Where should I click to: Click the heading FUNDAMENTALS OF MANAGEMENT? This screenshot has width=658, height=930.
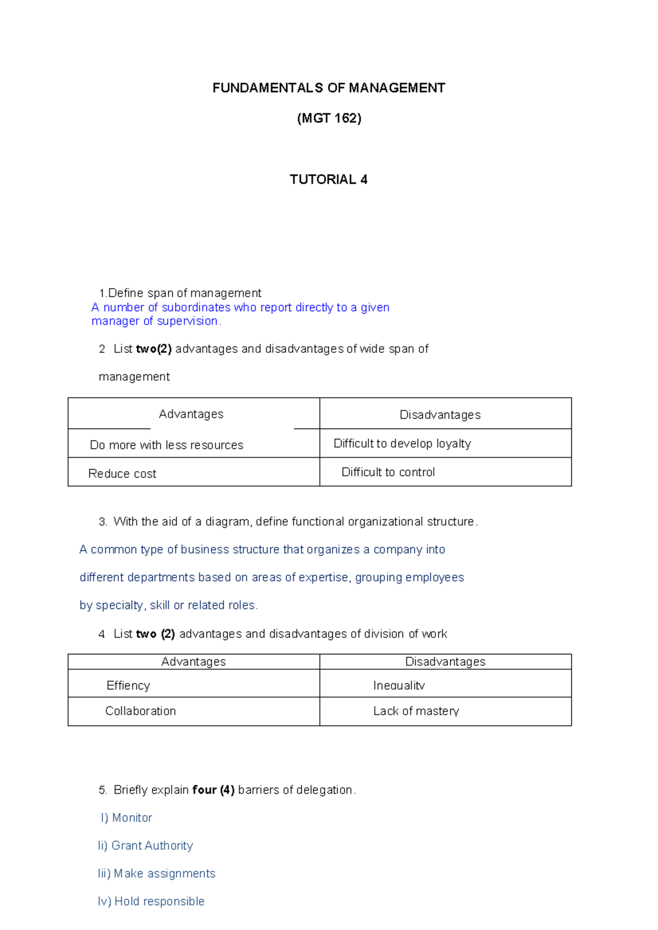[328, 88]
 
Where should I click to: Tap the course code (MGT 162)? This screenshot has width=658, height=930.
[329, 118]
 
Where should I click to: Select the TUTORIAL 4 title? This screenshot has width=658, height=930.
[328, 180]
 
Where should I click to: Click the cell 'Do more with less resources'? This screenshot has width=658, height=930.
[166, 445]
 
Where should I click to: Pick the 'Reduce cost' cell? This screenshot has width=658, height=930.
[122, 473]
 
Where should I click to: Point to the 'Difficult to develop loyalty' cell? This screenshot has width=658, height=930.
[402, 443]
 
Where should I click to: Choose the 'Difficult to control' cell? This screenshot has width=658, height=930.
[388, 472]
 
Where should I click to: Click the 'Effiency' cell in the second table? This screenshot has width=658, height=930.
[128, 686]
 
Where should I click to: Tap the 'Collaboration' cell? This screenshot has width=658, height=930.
[140, 711]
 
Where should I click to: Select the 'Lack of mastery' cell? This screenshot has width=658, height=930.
[416, 711]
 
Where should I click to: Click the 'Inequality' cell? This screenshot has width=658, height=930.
[399, 686]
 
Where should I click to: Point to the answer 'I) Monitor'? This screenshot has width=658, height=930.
[127, 818]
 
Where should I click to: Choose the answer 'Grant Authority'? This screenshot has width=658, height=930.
[152, 846]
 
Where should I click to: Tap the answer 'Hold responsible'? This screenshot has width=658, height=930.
[159, 902]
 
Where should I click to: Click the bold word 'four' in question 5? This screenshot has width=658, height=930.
[205, 790]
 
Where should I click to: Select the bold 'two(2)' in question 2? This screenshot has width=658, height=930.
[154, 349]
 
